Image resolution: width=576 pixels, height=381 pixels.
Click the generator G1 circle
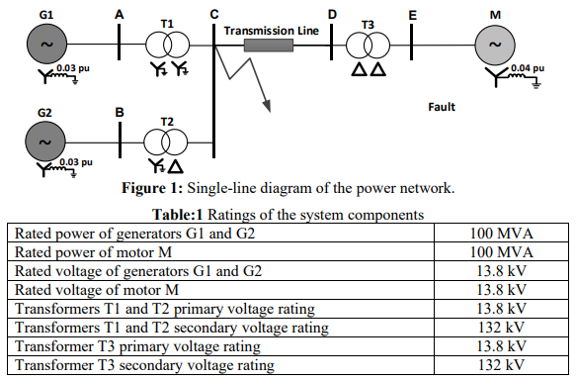46,46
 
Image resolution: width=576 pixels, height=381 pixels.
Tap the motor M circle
496,46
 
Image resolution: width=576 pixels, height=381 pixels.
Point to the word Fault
441,105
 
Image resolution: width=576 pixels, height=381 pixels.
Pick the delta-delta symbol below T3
368,72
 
